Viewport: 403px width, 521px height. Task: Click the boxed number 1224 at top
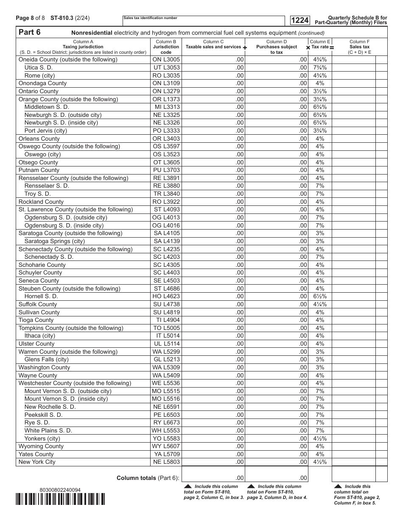[300, 20]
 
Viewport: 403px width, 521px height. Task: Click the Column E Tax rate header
[320, 44]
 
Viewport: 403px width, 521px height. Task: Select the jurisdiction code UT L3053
[166, 67]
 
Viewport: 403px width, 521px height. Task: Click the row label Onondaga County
[42, 83]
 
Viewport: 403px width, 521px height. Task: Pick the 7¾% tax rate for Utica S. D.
[320, 67]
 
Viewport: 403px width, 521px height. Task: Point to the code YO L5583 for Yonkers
[166, 438]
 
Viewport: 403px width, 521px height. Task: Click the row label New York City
[37, 462]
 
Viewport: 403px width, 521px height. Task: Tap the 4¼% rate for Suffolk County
[320, 304]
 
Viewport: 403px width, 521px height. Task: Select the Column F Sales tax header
[359, 47]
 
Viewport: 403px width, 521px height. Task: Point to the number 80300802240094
[59, 490]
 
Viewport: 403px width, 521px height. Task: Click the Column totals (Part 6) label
[148, 478]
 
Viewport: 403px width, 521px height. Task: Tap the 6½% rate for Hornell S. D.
[320, 297]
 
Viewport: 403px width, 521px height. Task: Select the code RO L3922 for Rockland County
[166, 202]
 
